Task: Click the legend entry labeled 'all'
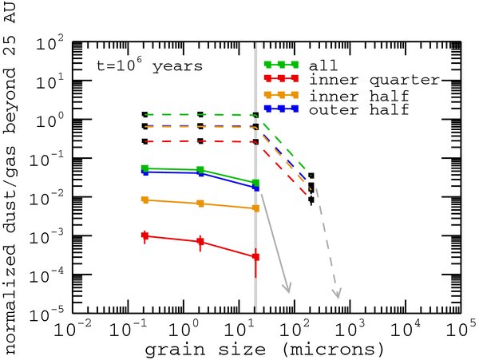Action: (327, 65)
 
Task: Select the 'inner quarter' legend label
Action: (372, 79)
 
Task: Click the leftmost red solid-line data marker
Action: (144, 235)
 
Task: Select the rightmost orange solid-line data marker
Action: (255, 208)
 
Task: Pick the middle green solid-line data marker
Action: (200, 170)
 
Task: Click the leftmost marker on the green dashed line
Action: (144, 114)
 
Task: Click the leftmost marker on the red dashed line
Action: (144, 141)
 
